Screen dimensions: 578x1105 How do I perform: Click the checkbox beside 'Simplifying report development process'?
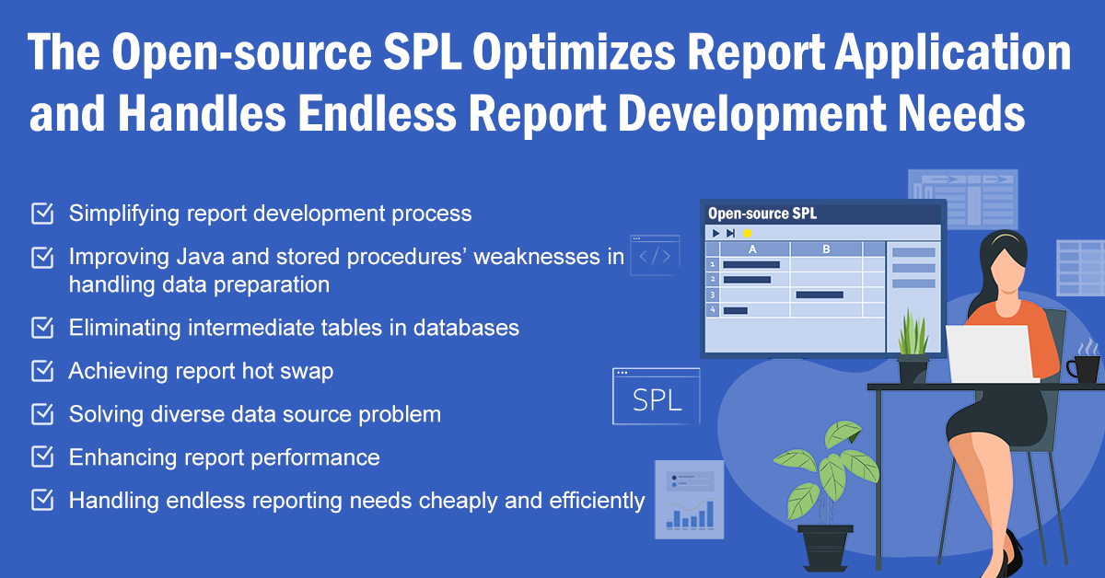(42, 214)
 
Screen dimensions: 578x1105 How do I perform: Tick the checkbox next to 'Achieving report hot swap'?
(42, 371)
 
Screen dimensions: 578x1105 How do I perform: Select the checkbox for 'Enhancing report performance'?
(42, 457)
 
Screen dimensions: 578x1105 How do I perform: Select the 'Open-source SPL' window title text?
(762, 214)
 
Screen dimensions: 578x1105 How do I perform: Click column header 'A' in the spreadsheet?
(752, 249)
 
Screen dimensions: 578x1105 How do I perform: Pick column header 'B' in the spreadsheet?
(825, 249)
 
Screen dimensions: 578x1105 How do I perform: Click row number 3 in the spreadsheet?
(712, 295)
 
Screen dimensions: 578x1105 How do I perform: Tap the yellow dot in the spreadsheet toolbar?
(747, 234)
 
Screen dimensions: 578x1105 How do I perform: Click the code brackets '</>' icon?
(655, 257)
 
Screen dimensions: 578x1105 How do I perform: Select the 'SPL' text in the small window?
(657, 401)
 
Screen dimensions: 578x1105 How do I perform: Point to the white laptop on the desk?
(991, 354)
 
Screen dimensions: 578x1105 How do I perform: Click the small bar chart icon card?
(689, 499)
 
